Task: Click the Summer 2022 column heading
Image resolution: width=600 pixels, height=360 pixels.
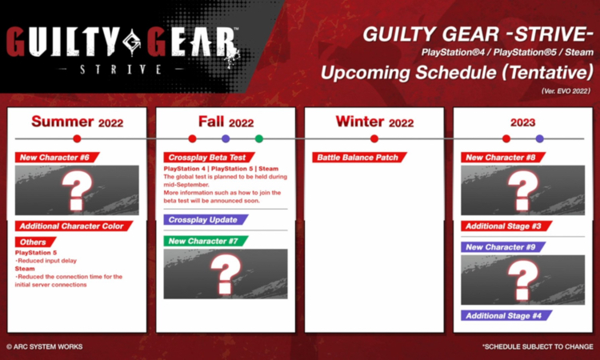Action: pyautogui.click(x=77, y=122)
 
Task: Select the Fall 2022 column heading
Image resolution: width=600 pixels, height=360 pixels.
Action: pyautogui.click(x=226, y=122)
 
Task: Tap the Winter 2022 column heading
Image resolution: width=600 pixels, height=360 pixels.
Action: pyautogui.click(x=374, y=122)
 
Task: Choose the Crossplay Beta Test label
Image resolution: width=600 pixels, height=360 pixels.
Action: pyautogui.click(x=204, y=158)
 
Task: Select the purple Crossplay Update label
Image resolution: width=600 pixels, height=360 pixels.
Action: pyautogui.click(x=202, y=219)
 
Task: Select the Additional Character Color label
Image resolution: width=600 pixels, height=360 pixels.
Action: pyautogui.click(x=73, y=226)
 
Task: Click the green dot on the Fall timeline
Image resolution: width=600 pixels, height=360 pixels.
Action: pyautogui.click(x=258, y=138)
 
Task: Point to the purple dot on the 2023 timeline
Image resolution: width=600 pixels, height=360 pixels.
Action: pyautogui.click(x=539, y=138)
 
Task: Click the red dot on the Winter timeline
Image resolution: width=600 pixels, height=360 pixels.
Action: pyautogui.click(x=374, y=138)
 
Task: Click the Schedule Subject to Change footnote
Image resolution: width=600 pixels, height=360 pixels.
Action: pyautogui.click(x=537, y=346)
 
